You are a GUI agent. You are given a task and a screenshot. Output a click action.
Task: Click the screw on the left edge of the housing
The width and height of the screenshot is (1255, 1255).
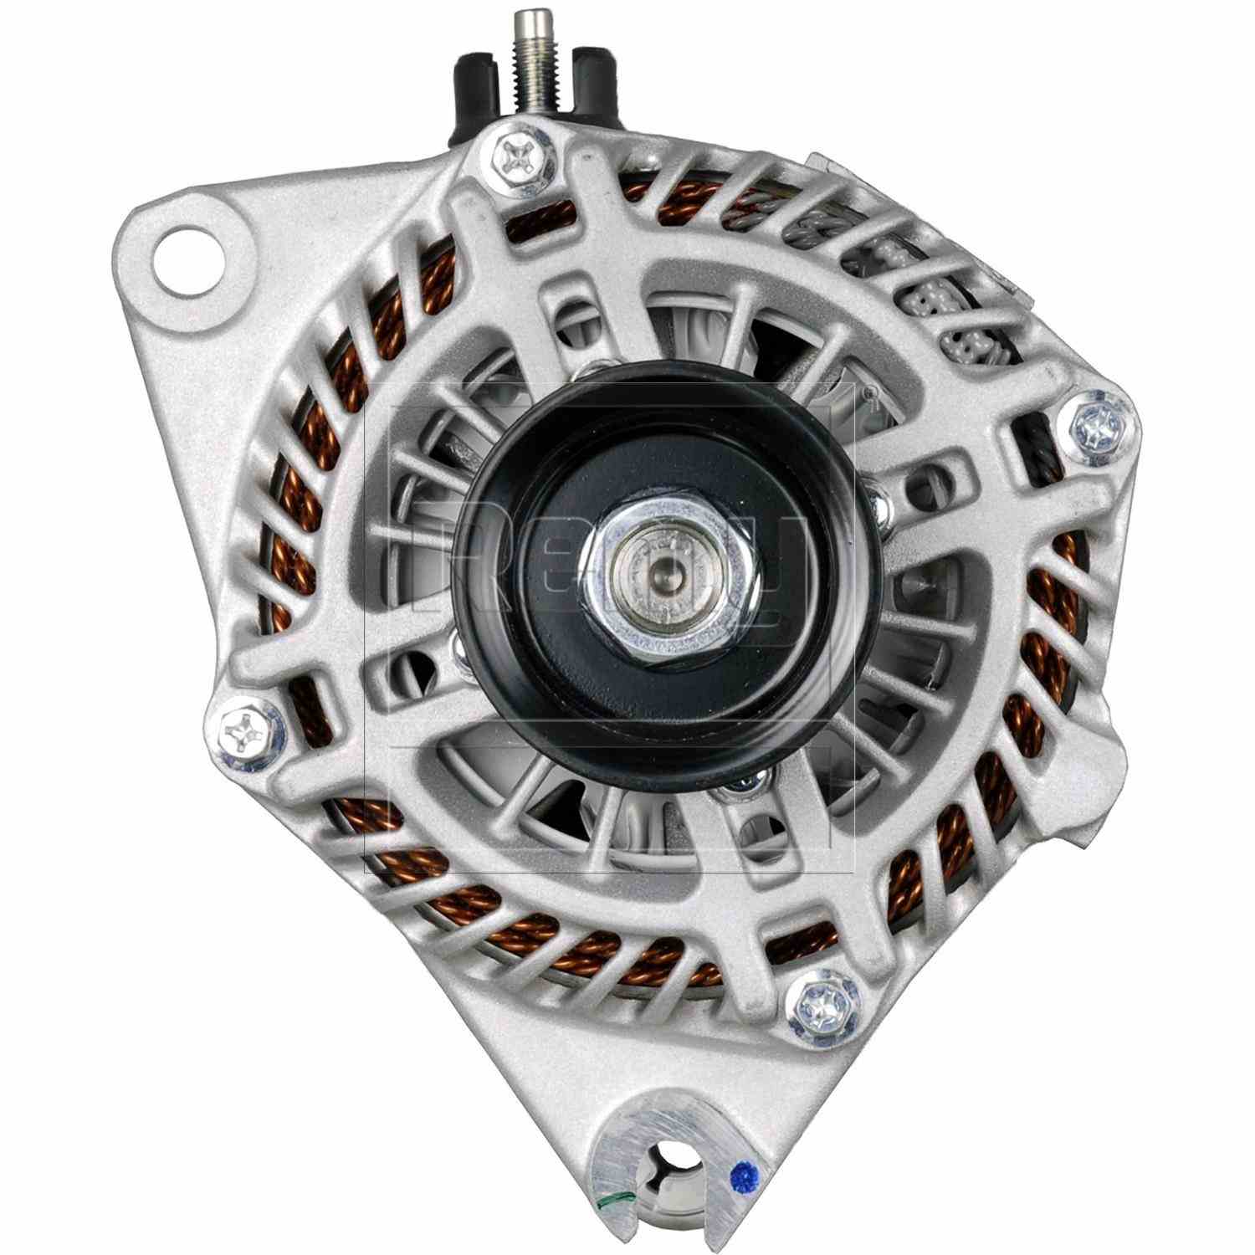click(243, 730)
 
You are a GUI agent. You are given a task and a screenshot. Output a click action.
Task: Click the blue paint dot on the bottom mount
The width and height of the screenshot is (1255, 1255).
click(740, 1180)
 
